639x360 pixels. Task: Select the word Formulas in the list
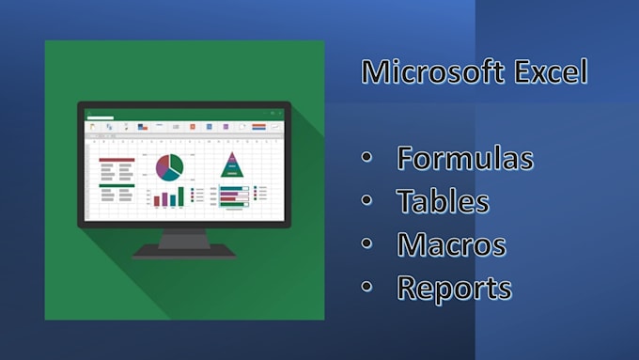point(465,158)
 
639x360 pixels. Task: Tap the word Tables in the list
point(443,201)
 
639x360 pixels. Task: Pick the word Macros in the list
point(451,244)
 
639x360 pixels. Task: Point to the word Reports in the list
point(454,288)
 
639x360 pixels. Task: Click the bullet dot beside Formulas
point(367,159)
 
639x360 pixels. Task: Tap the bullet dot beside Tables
point(367,202)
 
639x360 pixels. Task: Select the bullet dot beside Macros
point(367,245)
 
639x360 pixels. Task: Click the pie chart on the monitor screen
point(169,166)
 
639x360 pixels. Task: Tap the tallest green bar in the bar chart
point(180,195)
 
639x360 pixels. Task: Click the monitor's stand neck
point(183,239)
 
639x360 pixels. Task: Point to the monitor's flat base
point(183,253)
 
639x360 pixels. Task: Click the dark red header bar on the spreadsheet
point(117,160)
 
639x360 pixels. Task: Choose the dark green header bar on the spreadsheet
point(117,185)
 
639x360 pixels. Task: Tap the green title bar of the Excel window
point(183,113)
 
